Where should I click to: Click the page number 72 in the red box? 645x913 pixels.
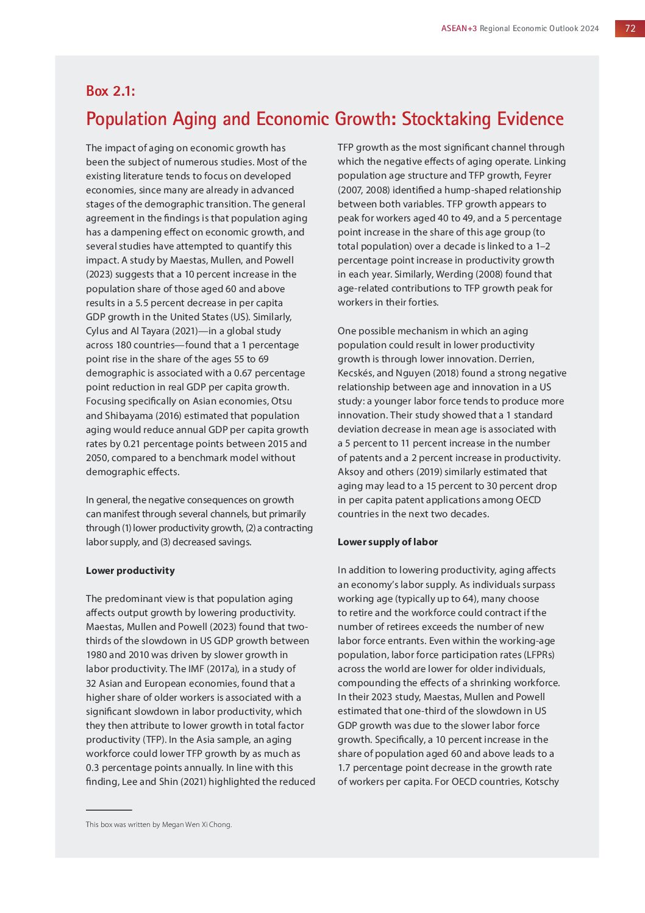[x=630, y=28]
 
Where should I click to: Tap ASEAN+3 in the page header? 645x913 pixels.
[x=459, y=29]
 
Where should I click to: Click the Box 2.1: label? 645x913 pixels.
[x=110, y=91]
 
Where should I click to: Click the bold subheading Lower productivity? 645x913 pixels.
[x=130, y=571]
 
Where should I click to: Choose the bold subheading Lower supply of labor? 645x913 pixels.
[x=388, y=542]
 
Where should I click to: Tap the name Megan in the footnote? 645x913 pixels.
[x=173, y=825]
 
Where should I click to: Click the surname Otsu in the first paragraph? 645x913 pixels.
[x=282, y=401]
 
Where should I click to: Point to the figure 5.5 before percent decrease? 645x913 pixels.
[x=142, y=303]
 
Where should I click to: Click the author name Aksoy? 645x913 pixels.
[x=351, y=472]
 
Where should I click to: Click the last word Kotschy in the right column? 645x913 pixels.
[x=541, y=782]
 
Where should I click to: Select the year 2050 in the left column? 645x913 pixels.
[x=97, y=458]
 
